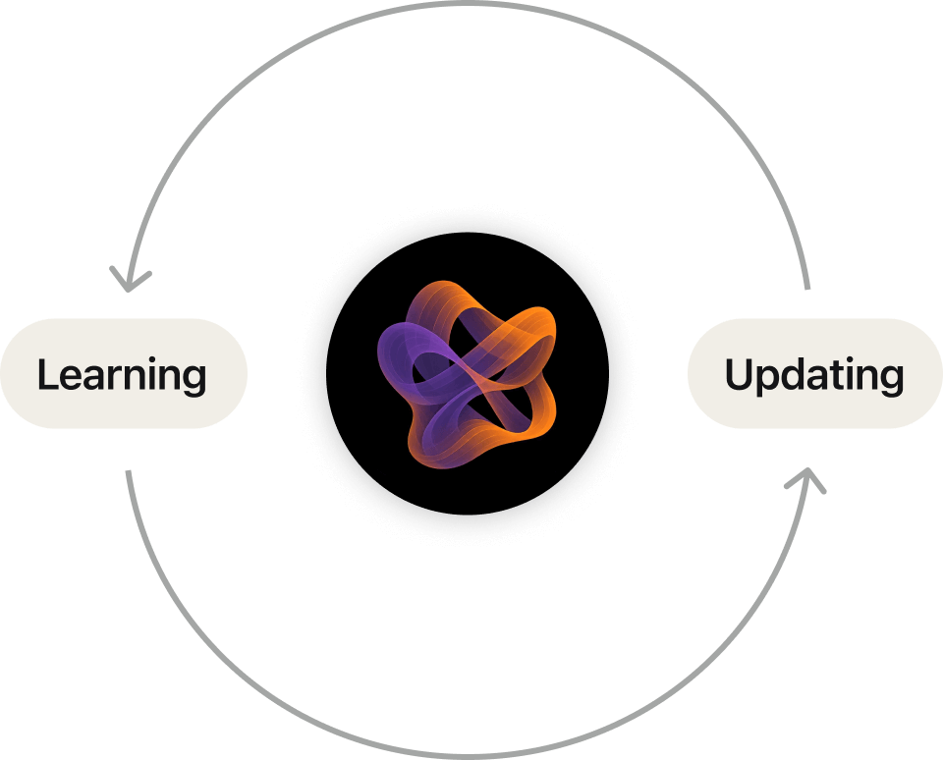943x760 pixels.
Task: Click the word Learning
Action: [x=122, y=375]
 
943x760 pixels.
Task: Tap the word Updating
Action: [x=814, y=375]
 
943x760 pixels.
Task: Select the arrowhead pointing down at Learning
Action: [x=128, y=280]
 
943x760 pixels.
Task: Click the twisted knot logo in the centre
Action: [x=467, y=374]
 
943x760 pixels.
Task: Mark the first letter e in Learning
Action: [x=68, y=378]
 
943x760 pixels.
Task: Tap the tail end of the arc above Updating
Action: [x=807, y=288]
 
